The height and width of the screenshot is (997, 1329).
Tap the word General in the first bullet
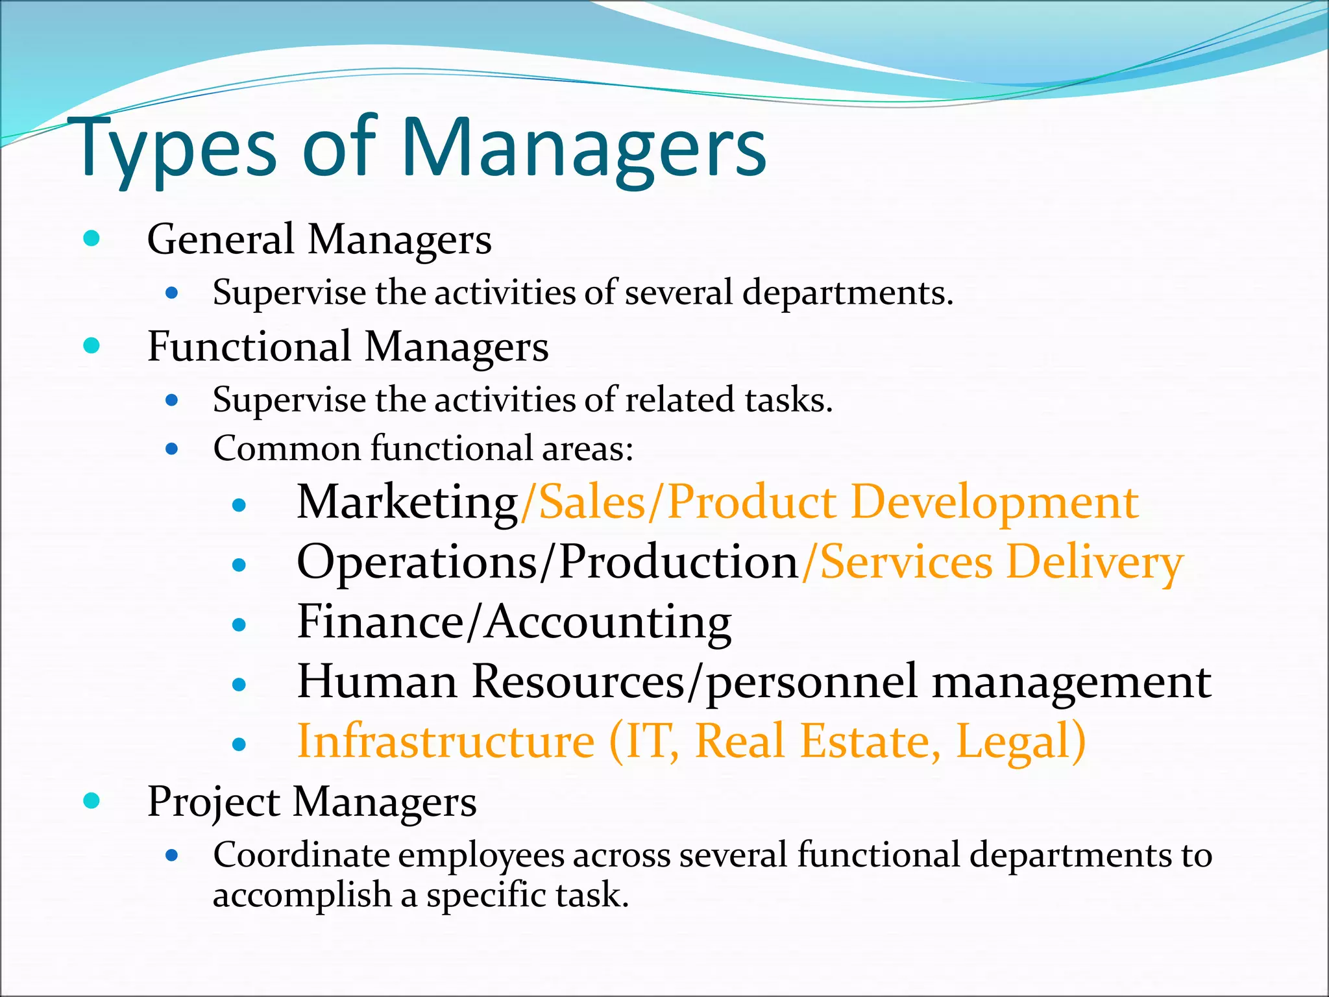[x=221, y=239]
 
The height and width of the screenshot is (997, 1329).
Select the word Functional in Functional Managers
[x=249, y=346]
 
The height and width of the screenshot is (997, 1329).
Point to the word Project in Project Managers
[x=213, y=802]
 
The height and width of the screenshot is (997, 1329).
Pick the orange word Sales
[x=592, y=502]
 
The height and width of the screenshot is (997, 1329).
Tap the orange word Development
[x=994, y=502]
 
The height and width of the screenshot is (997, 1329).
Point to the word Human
[x=377, y=682]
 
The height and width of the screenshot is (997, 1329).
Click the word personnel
[x=811, y=682]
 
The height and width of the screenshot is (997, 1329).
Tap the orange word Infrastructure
[x=445, y=741]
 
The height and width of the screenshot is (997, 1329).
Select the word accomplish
[x=302, y=895]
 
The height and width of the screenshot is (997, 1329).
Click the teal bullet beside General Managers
[x=91, y=238]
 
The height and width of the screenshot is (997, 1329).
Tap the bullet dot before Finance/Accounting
[x=239, y=624]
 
